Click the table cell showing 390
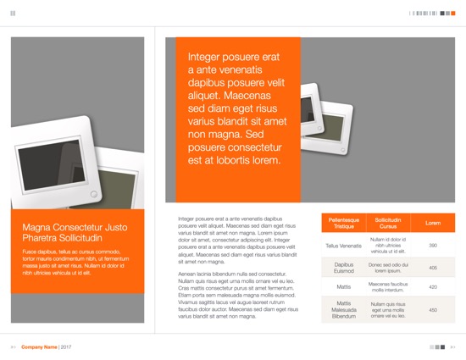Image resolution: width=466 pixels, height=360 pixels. (x=432, y=246)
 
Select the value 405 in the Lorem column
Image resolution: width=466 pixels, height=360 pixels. (x=432, y=268)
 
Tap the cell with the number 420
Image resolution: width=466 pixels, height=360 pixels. (x=432, y=287)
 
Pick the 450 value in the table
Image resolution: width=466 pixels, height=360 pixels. (x=432, y=310)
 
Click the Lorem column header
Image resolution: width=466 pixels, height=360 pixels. (x=432, y=223)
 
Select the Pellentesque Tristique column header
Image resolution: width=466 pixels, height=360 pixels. (x=344, y=223)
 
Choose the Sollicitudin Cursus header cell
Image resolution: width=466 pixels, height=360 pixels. (x=388, y=223)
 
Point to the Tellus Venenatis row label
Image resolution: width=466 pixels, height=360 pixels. (x=344, y=246)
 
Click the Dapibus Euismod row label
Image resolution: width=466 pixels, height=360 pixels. (x=344, y=268)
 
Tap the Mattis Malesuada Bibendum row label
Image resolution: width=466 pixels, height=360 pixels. (x=344, y=310)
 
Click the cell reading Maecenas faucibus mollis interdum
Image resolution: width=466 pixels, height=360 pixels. (x=388, y=287)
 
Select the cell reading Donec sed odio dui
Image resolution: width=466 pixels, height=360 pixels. (x=388, y=268)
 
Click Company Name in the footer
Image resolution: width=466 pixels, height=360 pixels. (x=39, y=347)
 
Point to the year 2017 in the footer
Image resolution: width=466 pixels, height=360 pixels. (x=66, y=347)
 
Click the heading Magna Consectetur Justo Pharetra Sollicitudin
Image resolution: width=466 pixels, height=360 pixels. (x=75, y=232)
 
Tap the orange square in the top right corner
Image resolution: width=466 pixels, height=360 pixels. (x=453, y=14)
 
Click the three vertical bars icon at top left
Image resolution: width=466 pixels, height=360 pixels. (x=13, y=14)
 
